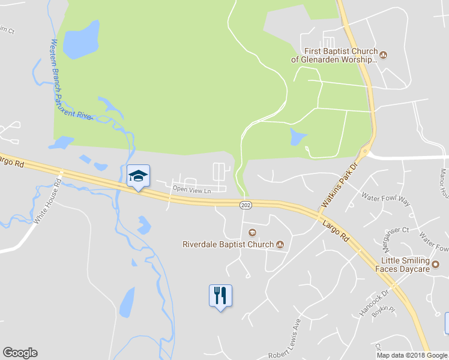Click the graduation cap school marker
[138, 176]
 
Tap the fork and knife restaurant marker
[220, 295]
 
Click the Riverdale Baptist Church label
[228, 244]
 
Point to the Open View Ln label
[192, 190]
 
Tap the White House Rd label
[48, 202]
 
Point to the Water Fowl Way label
[385, 199]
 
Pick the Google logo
[20, 353]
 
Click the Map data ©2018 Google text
[412, 355]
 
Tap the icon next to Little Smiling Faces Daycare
[436, 265]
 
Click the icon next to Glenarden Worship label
[383, 56]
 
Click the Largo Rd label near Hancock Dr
[336, 230]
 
